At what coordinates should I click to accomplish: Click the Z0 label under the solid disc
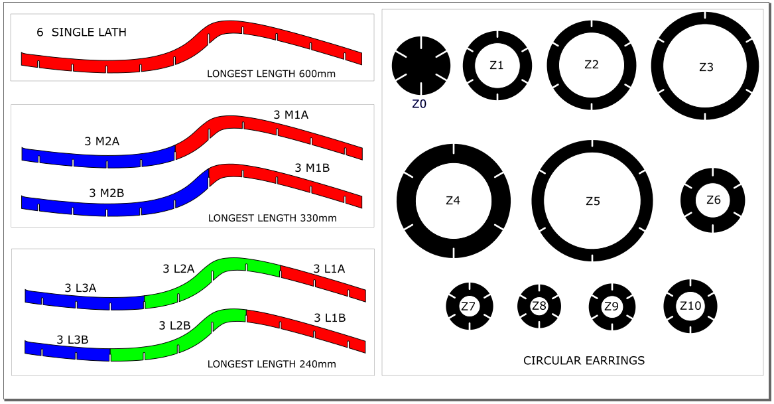coord(419,104)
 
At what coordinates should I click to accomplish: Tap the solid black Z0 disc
coord(421,66)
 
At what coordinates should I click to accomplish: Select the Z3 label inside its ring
coord(706,67)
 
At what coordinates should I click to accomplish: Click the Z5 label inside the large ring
coord(593,201)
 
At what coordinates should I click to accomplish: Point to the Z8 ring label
coord(539,306)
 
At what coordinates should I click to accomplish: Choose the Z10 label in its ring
coord(690,306)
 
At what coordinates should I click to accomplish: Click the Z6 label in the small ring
coord(713,200)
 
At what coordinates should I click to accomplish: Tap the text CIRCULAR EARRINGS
coord(584,360)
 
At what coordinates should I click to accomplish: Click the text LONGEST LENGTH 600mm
coord(271,74)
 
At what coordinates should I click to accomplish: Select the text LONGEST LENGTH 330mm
coord(273,218)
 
